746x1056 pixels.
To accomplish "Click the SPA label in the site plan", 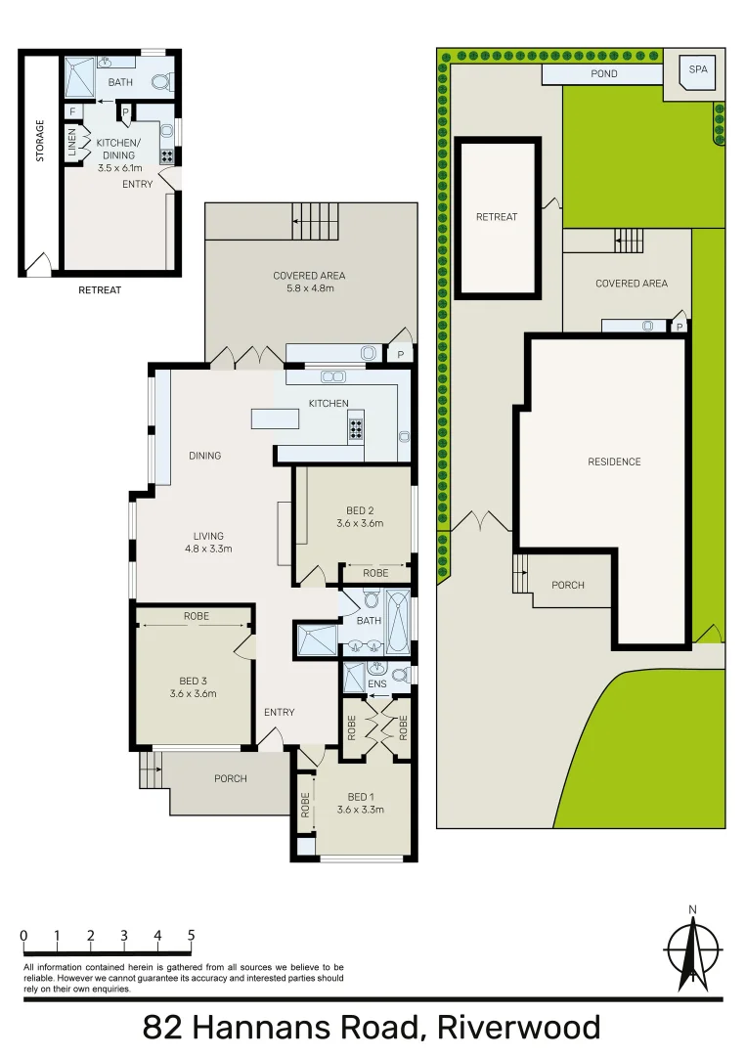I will click(x=697, y=69).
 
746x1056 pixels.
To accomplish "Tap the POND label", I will click(x=603, y=74).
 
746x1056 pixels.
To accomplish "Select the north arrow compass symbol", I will click(x=693, y=950).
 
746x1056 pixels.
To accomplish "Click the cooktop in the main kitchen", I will click(x=356, y=427).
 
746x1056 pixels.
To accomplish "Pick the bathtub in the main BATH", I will click(x=399, y=622).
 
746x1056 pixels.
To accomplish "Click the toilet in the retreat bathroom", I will click(x=161, y=82).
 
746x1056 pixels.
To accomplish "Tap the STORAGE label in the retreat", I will click(x=40, y=141).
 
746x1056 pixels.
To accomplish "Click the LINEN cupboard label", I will click(x=72, y=143).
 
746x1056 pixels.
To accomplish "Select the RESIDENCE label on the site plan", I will click(x=614, y=462).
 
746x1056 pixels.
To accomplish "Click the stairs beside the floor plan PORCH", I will click(x=151, y=770).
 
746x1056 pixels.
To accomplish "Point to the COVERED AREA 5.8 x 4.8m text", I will click(x=309, y=282).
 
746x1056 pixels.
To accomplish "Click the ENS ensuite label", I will click(x=376, y=684).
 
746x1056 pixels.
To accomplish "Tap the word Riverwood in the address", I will click(x=518, y=1028).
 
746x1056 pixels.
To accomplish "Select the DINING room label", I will click(x=205, y=456).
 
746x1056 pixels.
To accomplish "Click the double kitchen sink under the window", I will click(x=332, y=376).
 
